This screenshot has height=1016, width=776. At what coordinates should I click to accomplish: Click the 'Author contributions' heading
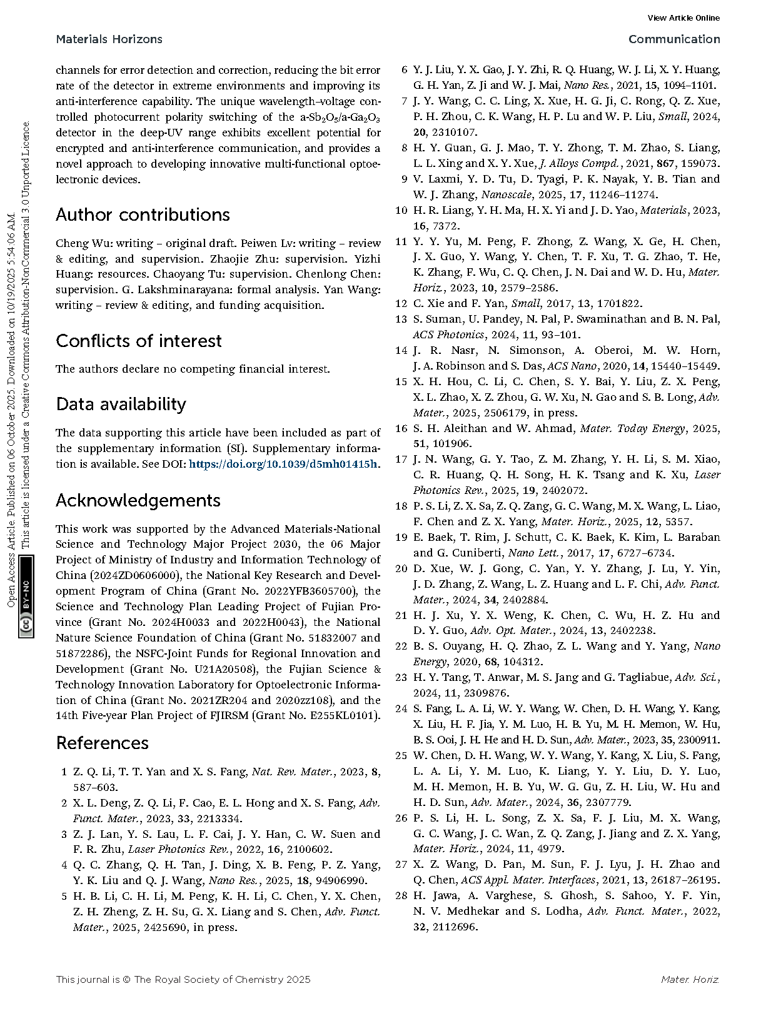pyautogui.click(x=143, y=215)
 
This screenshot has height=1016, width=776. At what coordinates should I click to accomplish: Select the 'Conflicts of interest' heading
pyautogui.click(x=138, y=341)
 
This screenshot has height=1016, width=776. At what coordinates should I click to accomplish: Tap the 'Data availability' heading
pyautogui.click(x=121, y=405)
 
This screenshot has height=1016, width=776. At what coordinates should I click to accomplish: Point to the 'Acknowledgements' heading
pyautogui.click(x=138, y=500)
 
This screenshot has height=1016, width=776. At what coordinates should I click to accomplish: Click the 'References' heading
pyautogui.click(x=102, y=743)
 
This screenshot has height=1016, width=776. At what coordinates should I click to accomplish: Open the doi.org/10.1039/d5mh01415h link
pyautogui.click(x=283, y=464)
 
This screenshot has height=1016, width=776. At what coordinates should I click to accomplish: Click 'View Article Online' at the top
pyautogui.click(x=683, y=18)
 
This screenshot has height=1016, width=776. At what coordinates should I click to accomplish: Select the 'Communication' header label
pyautogui.click(x=673, y=39)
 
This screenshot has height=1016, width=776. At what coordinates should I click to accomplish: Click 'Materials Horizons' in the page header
pyautogui.click(x=109, y=39)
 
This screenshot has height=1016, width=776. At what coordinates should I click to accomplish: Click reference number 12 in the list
pyautogui.click(x=401, y=303)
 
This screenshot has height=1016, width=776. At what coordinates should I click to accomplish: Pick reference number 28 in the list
pyautogui.click(x=401, y=895)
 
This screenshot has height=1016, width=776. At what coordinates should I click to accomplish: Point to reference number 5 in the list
pyautogui.click(x=64, y=896)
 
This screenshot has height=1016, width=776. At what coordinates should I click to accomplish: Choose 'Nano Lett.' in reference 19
pyautogui.click(x=530, y=553)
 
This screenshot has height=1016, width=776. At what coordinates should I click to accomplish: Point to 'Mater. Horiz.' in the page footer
pyautogui.click(x=690, y=979)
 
